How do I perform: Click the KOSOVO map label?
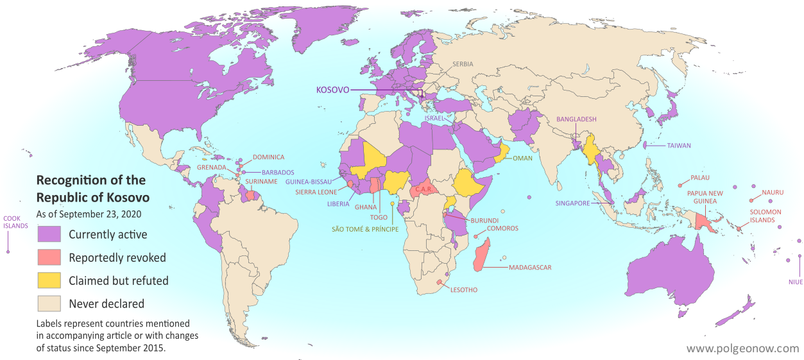point(332,90)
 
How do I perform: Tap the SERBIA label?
point(464,64)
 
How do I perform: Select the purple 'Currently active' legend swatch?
point(49,234)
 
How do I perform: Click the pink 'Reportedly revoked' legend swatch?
point(49,257)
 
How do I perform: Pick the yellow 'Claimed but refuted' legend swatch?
point(49,280)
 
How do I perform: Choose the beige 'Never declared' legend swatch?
point(49,304)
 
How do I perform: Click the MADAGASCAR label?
point(529,268)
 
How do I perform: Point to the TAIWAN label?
point(678,146)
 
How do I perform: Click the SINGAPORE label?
point(572,203)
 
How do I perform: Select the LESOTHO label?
point(464,290)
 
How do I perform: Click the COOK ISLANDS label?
point(15,221)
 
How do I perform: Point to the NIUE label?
point(795,282)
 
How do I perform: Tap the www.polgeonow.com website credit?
point(742,348)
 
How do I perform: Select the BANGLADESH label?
point(576,119)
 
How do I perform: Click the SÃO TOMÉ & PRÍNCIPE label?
point(364,229)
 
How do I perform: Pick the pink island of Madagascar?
point(483,254)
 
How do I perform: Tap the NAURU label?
point(773,192)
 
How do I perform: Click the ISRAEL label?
point(434,119)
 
